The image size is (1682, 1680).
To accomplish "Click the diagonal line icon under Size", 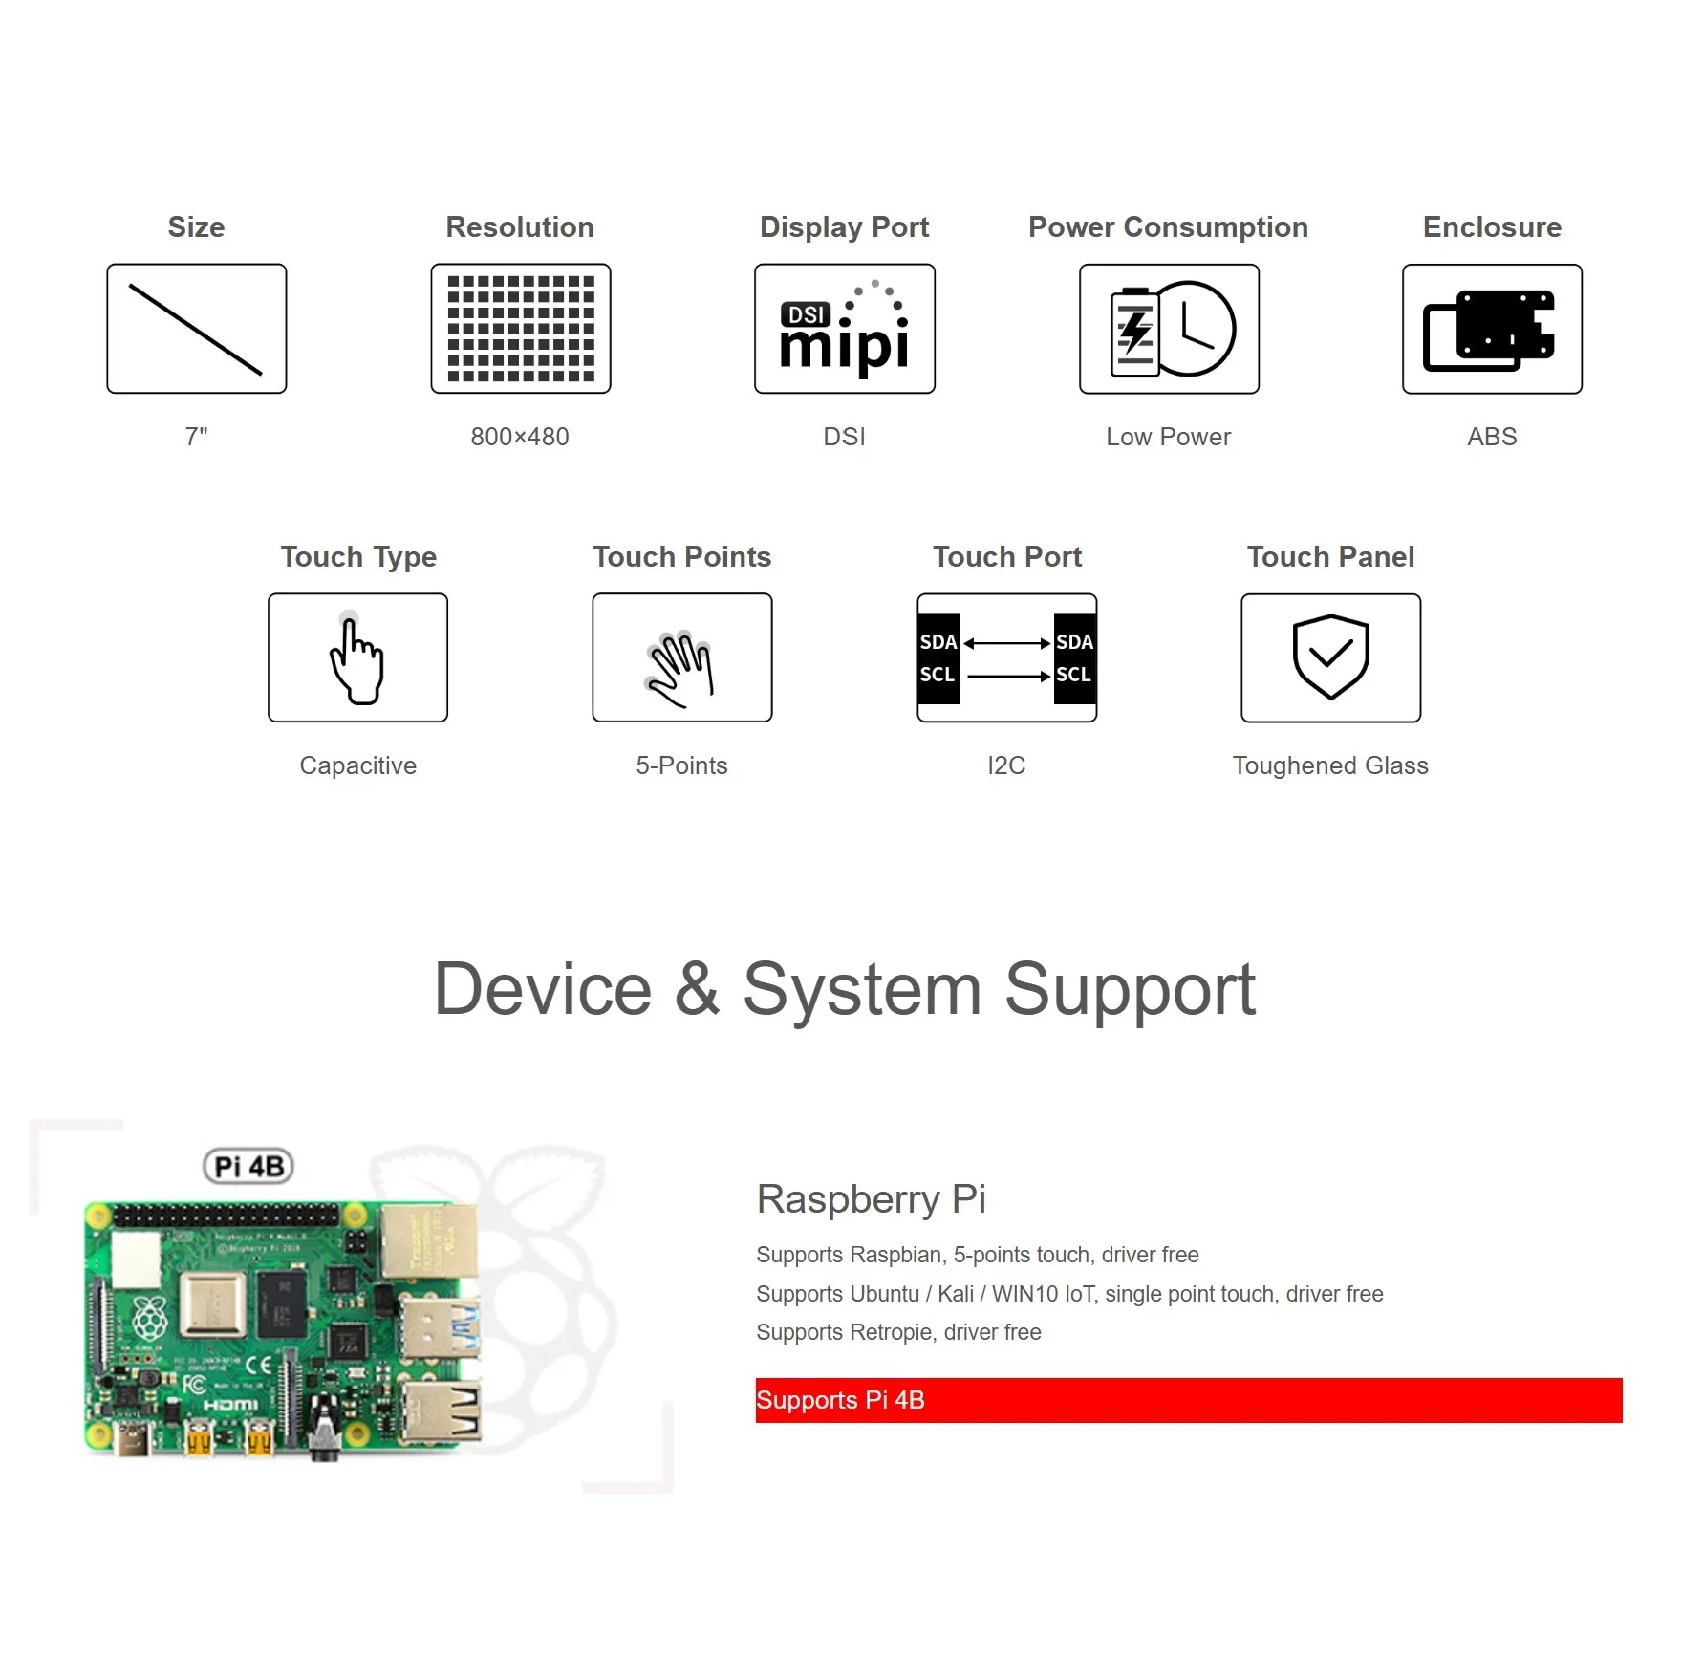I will pyautogui.click(x=196, y=329).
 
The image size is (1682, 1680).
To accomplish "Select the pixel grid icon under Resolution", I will pyautogui.click(x=521, y=329).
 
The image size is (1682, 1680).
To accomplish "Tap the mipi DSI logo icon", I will pyautogui.click(x=845, y=329).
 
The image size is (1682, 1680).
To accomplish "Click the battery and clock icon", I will pyautogui.click(x=1169, y=329).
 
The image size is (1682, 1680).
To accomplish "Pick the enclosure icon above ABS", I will pyautogui.click(x=1492, y=329).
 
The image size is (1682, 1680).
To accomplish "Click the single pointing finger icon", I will pyautogui.click(x=357, y=658).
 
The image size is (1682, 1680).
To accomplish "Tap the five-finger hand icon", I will pyautogui.click(x=681, y=658).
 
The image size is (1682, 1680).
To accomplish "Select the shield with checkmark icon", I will pyautogui.click(x=1330, y=658).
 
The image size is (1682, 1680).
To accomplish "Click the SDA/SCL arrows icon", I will pyautogui.click(x=1006, y=658).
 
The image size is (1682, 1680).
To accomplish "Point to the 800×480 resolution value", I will pyautogui.click(x=520, y=437).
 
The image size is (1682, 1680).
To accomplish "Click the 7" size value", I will pyautogui.click(x=196, y=437).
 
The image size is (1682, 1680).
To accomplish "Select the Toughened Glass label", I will pyautogui.click(x=1330, y=765).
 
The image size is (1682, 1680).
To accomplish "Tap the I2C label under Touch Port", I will pyautogui.click(x=1006, y=765).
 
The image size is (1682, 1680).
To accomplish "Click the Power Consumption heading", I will pyautogui.click(x=1168, y=227).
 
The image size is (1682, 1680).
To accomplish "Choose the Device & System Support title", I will pyautogui.click(x=845, y=990).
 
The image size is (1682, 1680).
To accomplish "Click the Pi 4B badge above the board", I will pyautogui.click(x=248, y=1166).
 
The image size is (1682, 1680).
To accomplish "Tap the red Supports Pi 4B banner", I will pyautogui.click(x=1188, y=1400).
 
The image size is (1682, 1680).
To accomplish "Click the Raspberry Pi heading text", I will pyautogui.click(x=871, y=1199).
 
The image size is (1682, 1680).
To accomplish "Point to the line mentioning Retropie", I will pyautogui.click(x=898, y=1332).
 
